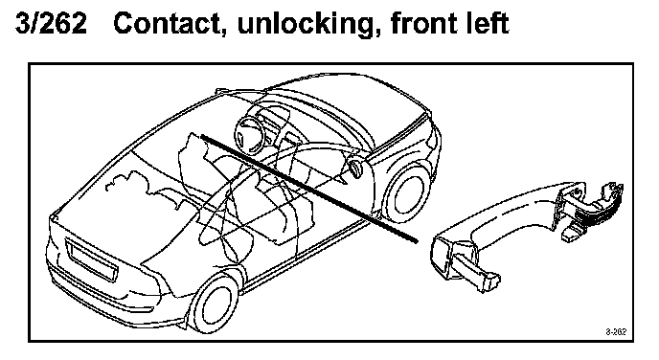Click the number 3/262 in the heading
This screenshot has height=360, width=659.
(52, 23)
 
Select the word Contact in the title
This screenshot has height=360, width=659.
(167, 23)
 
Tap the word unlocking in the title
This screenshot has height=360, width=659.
(307, 24)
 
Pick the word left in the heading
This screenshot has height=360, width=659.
(489, 23)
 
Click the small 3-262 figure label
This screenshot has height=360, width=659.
(616, 332)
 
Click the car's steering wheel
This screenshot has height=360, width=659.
(249, 136)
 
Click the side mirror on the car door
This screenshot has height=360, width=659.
(355, 168)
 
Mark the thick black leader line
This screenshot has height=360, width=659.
(309, 189)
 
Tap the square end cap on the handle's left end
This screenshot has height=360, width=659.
(443, 258)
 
